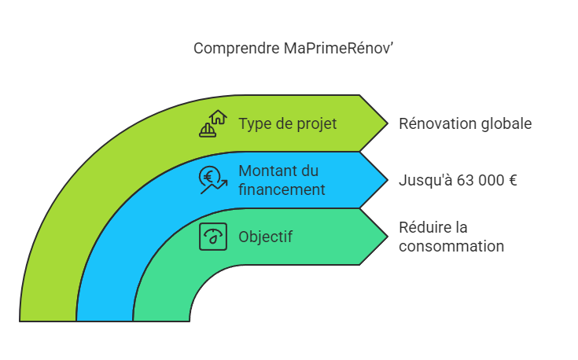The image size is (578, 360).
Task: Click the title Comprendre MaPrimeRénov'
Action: point(293,48)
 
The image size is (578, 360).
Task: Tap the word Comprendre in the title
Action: point(236,49)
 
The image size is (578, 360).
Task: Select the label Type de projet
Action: point(288,124)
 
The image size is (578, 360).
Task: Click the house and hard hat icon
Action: point(213,124)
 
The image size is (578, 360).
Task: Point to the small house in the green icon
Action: point(219,117)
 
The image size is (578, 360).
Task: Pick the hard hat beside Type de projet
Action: point(208,130)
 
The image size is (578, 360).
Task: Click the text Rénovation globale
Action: point(466,124)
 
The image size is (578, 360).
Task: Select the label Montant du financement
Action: point(282,180)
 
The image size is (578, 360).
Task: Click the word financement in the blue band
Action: point(282,189)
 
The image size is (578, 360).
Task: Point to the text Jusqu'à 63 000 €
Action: point(458,181)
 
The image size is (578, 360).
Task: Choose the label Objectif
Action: point(266,237)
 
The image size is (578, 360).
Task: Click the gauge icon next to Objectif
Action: point(213,237)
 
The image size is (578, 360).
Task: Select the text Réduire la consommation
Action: point(451,237)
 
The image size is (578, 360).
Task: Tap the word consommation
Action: point(451,247)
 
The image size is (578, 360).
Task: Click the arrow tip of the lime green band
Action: point(388,123)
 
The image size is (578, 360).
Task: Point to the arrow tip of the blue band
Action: point(388,180)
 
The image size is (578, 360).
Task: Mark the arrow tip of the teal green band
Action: point(388,237)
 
